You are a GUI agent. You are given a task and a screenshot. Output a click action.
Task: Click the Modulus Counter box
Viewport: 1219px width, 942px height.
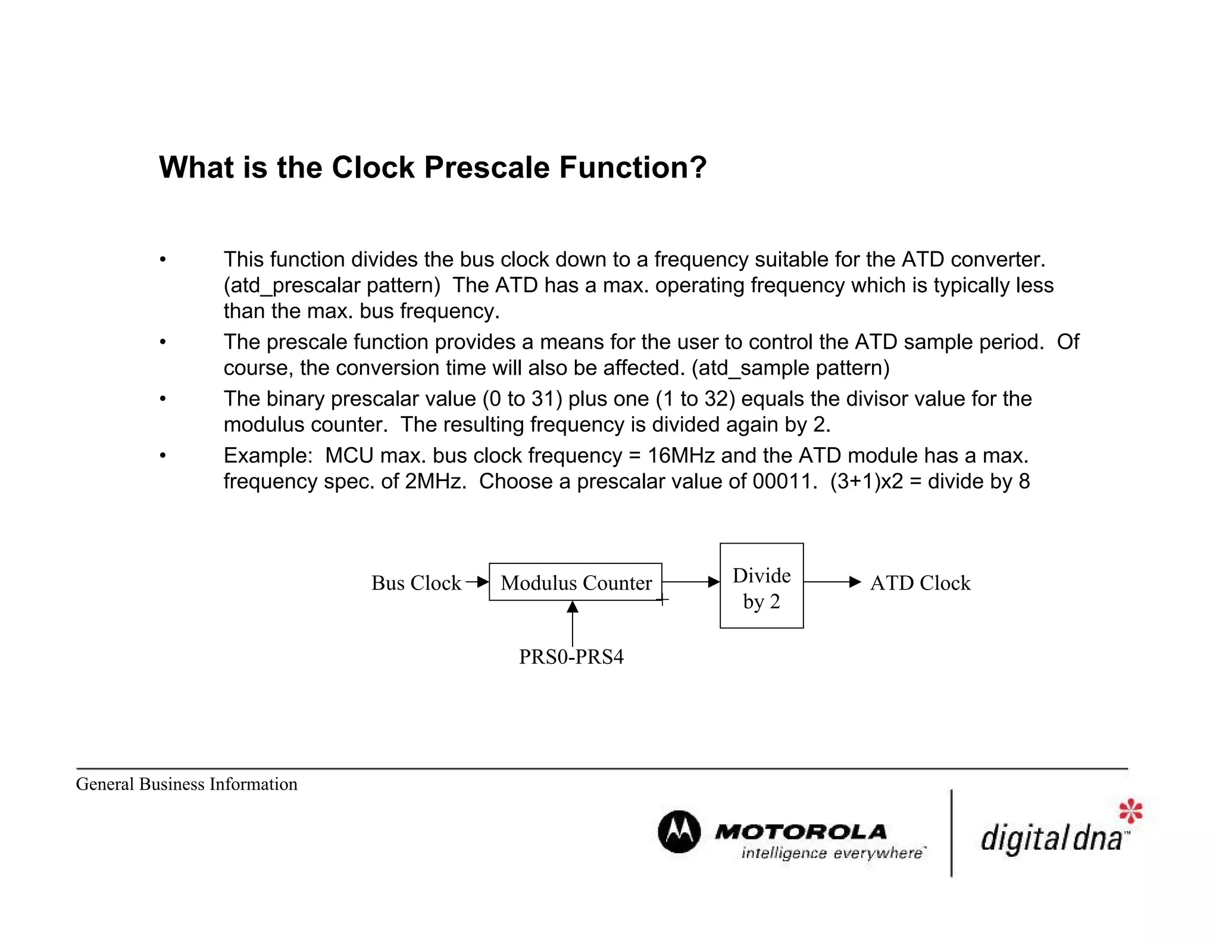click(x=575, y=582)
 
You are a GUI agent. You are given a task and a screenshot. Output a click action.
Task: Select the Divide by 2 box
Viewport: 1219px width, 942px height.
click(x=761, y=585)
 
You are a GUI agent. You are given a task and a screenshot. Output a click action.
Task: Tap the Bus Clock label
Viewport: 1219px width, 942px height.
click(x=416, y=582)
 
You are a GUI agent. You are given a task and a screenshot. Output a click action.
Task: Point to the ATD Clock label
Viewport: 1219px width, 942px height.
click(x=920, y=582)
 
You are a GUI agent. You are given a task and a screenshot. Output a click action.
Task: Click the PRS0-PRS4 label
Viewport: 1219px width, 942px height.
click(x=571, y=657)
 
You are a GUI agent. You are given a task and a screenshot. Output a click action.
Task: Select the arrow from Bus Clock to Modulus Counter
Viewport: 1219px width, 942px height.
click(x=477, y=582)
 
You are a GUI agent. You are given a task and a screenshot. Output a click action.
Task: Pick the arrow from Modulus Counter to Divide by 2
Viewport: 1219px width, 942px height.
click(x=690, y=582)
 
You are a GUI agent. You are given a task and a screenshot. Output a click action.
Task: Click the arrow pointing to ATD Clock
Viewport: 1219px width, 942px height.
click(x=832, y=582)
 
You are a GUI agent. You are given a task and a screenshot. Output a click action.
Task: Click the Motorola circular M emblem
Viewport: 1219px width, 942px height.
click(x=679, y=831)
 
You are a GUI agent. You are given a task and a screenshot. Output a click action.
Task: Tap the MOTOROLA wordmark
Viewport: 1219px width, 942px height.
click(x=801, y=831)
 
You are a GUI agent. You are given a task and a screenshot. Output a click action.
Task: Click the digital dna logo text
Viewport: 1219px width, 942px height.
click(x=1051, y=838)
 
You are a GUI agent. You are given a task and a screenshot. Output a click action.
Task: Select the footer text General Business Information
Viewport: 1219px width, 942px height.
click(x=186, y=784)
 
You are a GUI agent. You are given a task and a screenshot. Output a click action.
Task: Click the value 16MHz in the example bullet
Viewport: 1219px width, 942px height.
click(x=681, y=456)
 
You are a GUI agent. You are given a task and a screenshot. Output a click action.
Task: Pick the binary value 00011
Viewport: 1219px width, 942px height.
click(x=784, y=481)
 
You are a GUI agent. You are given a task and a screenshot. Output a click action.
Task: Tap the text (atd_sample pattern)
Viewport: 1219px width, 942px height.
click(x=790, y=368)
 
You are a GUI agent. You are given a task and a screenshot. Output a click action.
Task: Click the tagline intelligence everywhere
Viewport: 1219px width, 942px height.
click(x=832, y=853)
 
